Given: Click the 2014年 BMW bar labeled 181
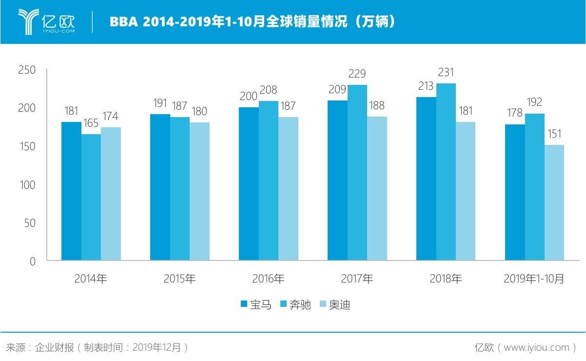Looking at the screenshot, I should pos(71,191).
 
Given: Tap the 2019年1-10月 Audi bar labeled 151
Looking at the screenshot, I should pos(554,202).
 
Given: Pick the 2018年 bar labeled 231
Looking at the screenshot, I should pos(446,172).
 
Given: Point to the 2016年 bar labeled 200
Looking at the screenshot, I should pos(249,183).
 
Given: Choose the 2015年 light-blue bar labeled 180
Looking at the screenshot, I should pos(200,191).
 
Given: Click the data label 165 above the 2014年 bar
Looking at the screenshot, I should pos(91,123).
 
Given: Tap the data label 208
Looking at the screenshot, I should pos(268,90).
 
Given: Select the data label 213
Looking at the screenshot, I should pos(426,86).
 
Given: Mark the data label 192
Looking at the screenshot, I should pos(534,102).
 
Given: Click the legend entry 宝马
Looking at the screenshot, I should pos(255,305).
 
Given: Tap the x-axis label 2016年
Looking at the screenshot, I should pos(268,279).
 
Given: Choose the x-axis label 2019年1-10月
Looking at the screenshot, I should pos(534,279).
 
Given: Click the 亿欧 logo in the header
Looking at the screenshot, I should pos(47,21).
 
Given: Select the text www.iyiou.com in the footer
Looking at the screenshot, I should pos(536,347).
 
